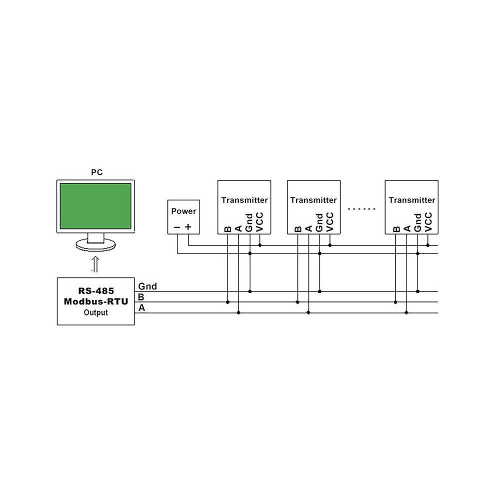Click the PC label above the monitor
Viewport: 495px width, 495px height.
(x=96, y=172)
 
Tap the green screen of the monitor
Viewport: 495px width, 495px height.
(x=95, y=206)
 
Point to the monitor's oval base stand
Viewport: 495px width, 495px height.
(x=95, y=244)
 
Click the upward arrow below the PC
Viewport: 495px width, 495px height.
(x=95, y=264)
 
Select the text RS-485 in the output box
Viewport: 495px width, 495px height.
(x=96, y=290)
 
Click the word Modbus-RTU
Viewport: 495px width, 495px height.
(x=96, y=301)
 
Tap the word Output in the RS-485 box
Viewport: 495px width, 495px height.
(x=95, y=312)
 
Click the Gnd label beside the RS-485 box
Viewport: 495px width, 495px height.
(x=147, y=286)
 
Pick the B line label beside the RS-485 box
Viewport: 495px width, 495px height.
(x=141, y=297)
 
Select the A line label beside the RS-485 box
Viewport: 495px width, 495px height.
(x=141, y=307)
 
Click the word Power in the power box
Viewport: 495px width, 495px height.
(x=183, y=211)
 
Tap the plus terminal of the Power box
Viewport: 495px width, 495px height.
(x=188, y=226)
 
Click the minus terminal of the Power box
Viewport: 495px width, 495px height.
(x=177, y=227)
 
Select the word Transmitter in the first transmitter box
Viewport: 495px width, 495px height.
(x=244, y=200)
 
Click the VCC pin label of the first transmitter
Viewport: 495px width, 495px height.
(x=259, y=222)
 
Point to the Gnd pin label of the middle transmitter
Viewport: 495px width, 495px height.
(x=319, y=222)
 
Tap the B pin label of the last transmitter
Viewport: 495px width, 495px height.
(x=396, y=229)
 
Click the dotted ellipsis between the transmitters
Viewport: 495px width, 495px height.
(x=361, y=208)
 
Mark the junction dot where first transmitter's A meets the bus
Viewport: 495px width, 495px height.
(x=238, y=312)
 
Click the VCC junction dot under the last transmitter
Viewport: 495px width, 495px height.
(x=428, y=245)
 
